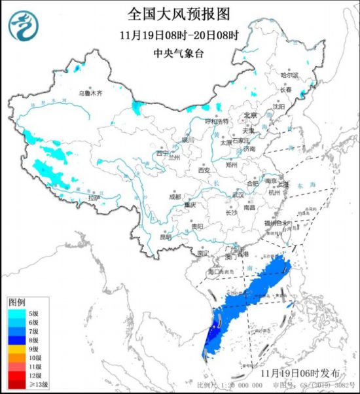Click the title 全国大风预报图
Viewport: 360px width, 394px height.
click(180, 14)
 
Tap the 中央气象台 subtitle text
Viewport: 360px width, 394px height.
click(180, 54)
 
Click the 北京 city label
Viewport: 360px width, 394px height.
click(250, 115)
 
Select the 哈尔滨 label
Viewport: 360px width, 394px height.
click(289, 75)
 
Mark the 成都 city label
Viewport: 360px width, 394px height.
click(174, 196)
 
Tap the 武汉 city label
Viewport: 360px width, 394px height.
click(237, 194)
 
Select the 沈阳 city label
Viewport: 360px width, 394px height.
click(279, 105)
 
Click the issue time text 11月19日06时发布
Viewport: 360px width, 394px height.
click(300, 372)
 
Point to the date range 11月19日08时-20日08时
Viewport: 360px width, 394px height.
click(180, 34)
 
